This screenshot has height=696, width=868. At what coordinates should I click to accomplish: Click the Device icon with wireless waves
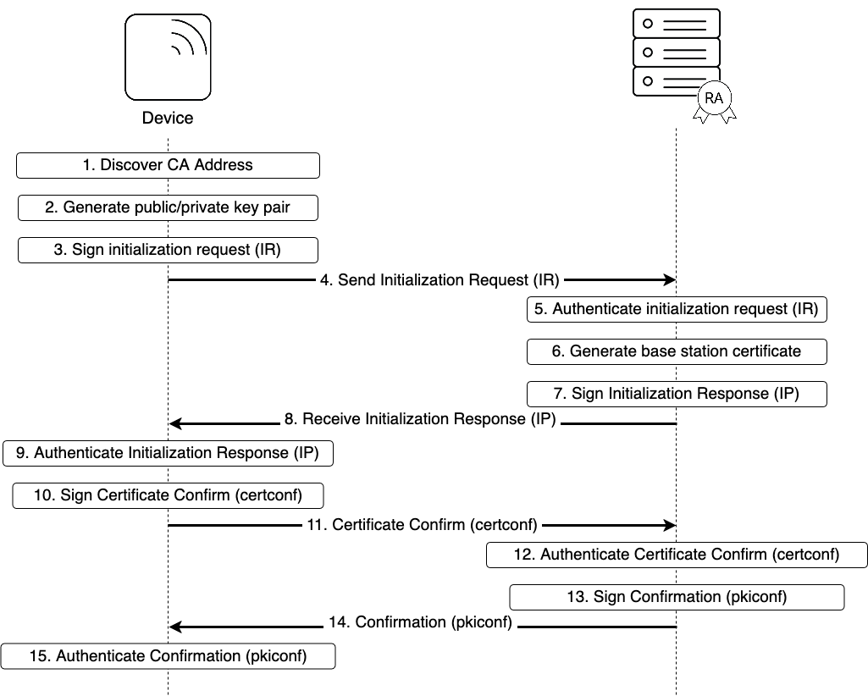point(168,57)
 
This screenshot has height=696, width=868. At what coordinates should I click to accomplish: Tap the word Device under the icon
point(168,118)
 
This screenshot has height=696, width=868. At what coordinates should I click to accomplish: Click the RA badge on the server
point(714,98)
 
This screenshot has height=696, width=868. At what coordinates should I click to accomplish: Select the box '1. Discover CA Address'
point(168,165)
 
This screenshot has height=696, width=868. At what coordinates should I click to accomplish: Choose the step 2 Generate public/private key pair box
point(168,207)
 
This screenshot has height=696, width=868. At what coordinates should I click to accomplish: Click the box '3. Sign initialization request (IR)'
point(168,250)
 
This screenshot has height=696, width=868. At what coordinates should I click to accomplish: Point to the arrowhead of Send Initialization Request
point(669,279)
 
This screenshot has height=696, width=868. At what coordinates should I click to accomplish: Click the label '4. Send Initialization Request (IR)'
point(440,279)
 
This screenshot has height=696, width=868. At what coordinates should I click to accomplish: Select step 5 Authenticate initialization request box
point(677,309)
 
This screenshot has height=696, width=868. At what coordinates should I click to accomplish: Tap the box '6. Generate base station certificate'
point(677,351)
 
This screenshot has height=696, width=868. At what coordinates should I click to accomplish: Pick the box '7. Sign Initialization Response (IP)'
point(677,394)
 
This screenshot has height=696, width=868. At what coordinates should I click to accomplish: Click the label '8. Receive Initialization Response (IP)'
point(420,418)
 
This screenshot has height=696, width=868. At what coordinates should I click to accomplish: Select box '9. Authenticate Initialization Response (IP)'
point(168,453)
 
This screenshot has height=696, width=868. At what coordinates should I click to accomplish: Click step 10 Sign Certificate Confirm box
point(168,495)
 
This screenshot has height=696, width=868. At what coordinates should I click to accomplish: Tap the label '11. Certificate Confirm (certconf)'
point(422,525)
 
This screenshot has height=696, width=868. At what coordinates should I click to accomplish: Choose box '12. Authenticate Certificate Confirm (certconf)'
point(677,555)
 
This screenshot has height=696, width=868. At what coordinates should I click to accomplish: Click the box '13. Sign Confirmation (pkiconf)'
point(677,597)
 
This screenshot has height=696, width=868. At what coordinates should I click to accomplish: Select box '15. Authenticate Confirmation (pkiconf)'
point(168,656)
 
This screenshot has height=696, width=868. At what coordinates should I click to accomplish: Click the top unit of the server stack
point(677,24)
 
